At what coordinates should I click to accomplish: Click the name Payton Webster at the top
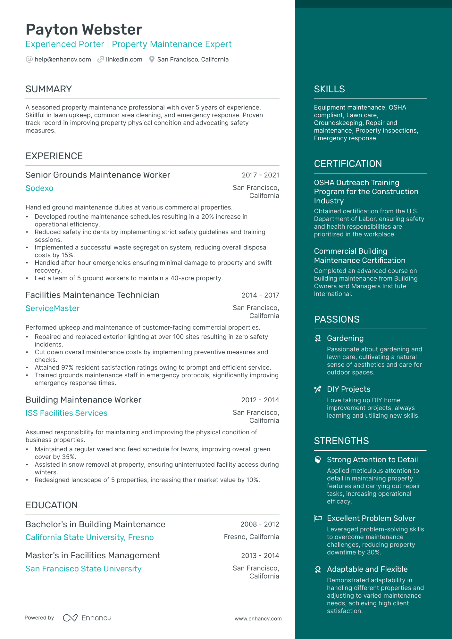tap(84, 29)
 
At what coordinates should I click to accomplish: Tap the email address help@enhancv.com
tap(63, 60)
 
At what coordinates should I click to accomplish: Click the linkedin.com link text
tap(124, 60)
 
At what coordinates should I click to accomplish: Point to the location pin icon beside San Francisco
tap(152, 60)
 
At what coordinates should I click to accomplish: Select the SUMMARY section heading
tap(49, 89)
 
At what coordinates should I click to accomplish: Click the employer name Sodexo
tap(39, 188)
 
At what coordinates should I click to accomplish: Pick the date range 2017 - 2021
tap(260, 175)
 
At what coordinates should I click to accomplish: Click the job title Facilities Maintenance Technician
tap(92, 295)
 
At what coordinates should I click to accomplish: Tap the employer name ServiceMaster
tap(53, 308)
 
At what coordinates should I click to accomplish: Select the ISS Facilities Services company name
tap(66, 413)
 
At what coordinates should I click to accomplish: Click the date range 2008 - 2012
tap(260, 524)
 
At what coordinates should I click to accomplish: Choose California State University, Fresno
tap(89, 537)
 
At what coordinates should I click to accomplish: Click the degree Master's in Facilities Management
tap(93, 555)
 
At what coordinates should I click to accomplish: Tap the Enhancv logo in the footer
tap(87, 618)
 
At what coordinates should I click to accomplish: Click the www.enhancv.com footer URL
tap(258, 619)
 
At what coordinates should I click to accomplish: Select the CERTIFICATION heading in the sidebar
tap(348, 164)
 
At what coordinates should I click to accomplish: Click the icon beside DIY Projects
tap(318, 389)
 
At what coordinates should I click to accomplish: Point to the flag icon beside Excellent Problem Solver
tap(318, 518)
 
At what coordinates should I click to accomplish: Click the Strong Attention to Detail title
tap(372, 460)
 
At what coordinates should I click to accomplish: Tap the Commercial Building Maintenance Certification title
tap(360, 256)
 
